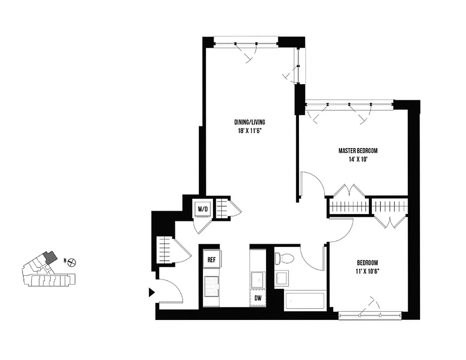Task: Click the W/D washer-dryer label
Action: [x=201, y=208]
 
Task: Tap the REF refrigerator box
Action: [x=211, y=259]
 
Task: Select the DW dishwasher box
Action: [x=258, y=297]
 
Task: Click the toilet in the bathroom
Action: [x=285, y=258]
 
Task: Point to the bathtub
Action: [x=305, y=301]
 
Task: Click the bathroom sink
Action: [x=283, y=278]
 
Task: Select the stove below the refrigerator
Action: [x=211, y=286]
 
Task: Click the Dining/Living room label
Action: [x=249, y=122]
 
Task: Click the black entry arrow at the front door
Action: [x=152, y=293]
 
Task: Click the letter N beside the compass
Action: [x=65, y=261]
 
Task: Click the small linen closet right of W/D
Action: [x=222, y=208]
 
